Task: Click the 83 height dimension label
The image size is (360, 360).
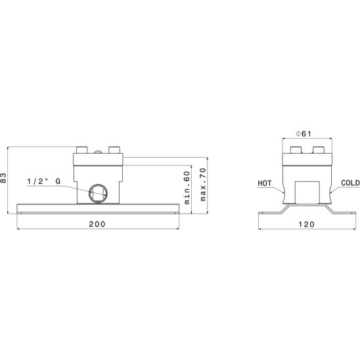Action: coord(3,177)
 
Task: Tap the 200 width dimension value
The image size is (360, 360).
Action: coord(97,224)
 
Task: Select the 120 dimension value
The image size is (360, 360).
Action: coord(306,224)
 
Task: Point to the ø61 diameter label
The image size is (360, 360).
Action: coord(304,133)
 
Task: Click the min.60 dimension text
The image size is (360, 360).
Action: coord(187,188)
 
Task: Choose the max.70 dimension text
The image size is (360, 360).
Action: coord(203,185)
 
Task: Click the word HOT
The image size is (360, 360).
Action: coord(265,183)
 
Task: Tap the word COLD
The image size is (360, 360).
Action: coord(350,183)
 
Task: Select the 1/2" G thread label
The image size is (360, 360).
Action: coord(44,181)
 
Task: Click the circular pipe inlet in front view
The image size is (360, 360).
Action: coord(99,193)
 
